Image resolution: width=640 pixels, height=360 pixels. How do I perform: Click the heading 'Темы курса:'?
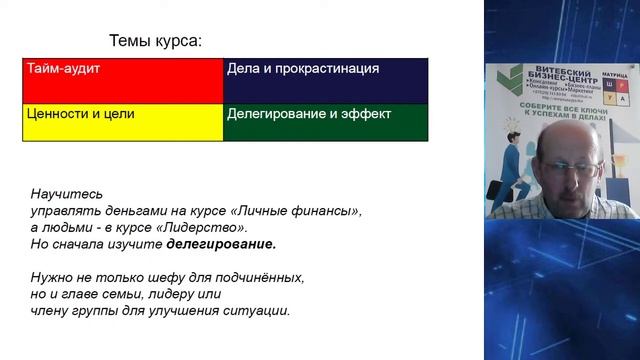tap(155, 41)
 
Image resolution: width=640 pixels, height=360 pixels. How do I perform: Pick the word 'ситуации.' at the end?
tap(259, 310)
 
